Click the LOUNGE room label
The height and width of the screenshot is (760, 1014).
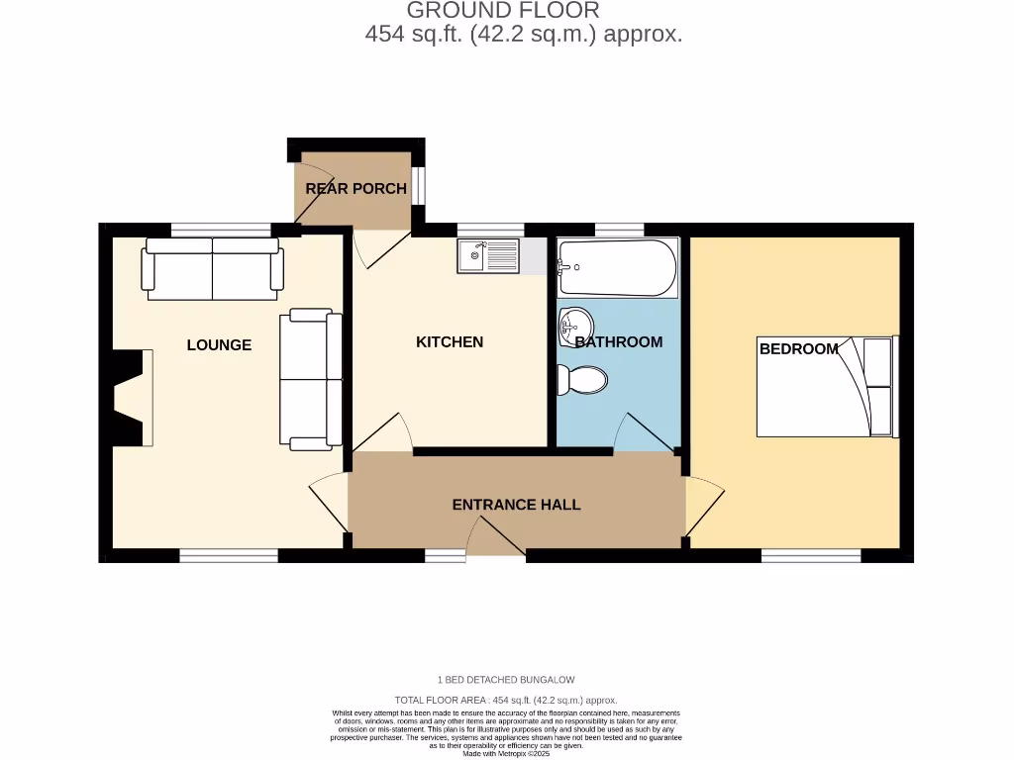219,345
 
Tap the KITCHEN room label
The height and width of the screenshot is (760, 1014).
450,342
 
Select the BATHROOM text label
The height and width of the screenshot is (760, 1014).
619,342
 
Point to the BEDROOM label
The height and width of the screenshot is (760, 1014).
798,349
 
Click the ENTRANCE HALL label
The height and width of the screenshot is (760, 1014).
516,505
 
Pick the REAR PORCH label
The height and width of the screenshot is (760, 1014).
355,189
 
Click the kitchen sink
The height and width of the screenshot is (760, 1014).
487,256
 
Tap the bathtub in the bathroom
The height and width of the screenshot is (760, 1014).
617,267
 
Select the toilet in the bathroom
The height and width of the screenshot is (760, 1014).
581,380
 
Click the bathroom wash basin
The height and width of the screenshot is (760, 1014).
575,324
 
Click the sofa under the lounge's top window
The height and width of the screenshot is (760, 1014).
212,268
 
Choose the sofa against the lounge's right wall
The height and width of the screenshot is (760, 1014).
311,380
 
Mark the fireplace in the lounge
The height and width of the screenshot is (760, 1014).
131,398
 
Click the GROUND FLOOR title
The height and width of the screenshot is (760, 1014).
503,11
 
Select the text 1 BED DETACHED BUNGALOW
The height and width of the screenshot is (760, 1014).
506,680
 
